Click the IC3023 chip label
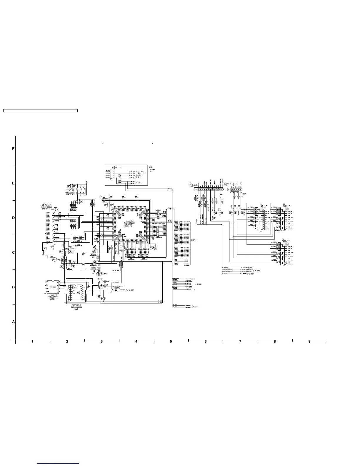click(x=129, y=220)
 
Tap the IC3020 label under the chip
click(x=53, y=294)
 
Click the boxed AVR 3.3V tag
click(x=71, y=195)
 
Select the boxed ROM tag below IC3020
click(x=53, y=299)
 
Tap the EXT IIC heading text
click(x=118, y=167)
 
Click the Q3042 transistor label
click(x=100, y=279)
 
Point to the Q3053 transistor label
click(x=116, y=287)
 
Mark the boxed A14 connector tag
click(x=45, y=249)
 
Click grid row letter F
click(x=13, y=149)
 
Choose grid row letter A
click(x=13, y=322)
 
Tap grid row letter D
click(x=13, y=218)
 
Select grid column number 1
click(x=32, y=342)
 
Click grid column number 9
click(x=309, y=342)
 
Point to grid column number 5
click(x=171, y=342)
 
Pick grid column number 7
click(x=240, y=342)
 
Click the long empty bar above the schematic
click(x=40, y=111)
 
